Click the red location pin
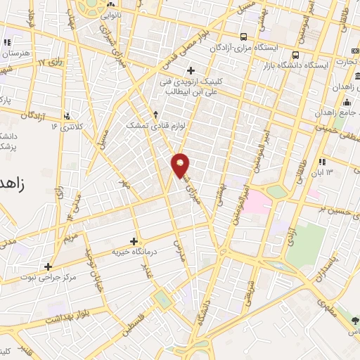tap(181, 165)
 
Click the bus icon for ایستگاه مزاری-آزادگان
tap(243, 37)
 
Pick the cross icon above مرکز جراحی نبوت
tap(48, 266)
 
